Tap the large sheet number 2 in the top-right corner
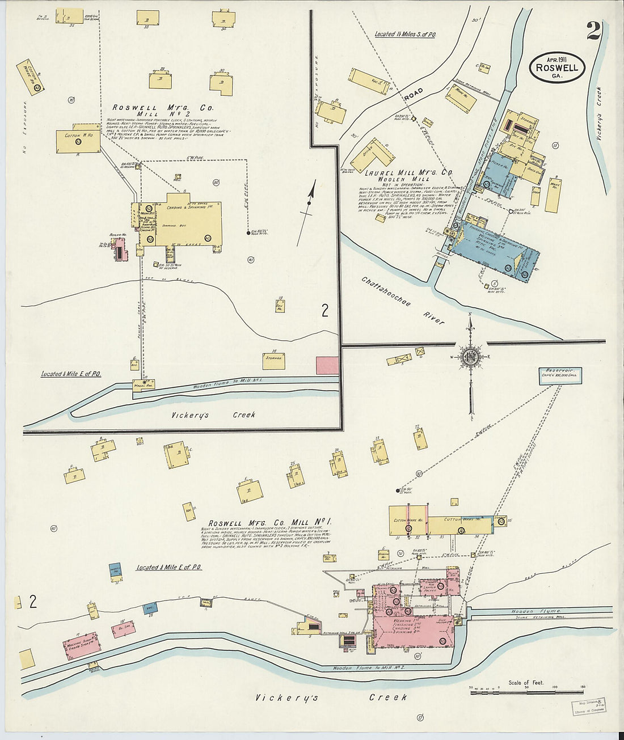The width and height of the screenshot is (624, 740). click(593, 31)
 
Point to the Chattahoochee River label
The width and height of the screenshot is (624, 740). click(402, 300)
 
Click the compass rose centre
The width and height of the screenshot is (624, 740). click(470, 357)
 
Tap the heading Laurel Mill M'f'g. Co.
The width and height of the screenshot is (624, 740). click(408, 172)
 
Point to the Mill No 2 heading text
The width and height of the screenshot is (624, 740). click(151, 113)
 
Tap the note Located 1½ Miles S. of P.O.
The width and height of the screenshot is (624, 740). click(404, 34)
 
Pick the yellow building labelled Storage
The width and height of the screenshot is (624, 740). click(274, 360)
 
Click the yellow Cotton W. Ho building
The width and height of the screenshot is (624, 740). click(78, 141)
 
